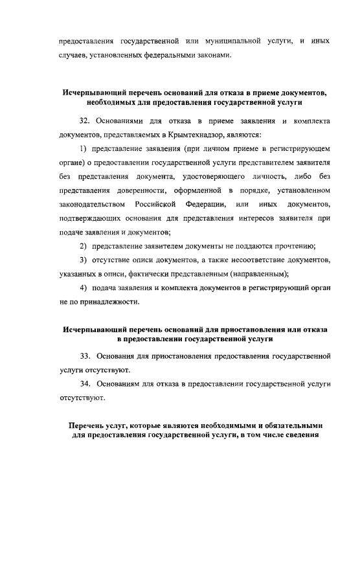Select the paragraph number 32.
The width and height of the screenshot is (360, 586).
(x=84, y=121)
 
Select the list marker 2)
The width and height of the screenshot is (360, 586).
(x=84, y=247)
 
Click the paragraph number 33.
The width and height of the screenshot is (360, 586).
(x=84, y=357)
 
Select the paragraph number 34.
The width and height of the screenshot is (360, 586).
(x=84, y=384)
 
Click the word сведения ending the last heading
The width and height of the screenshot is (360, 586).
(x=300, y=435)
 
